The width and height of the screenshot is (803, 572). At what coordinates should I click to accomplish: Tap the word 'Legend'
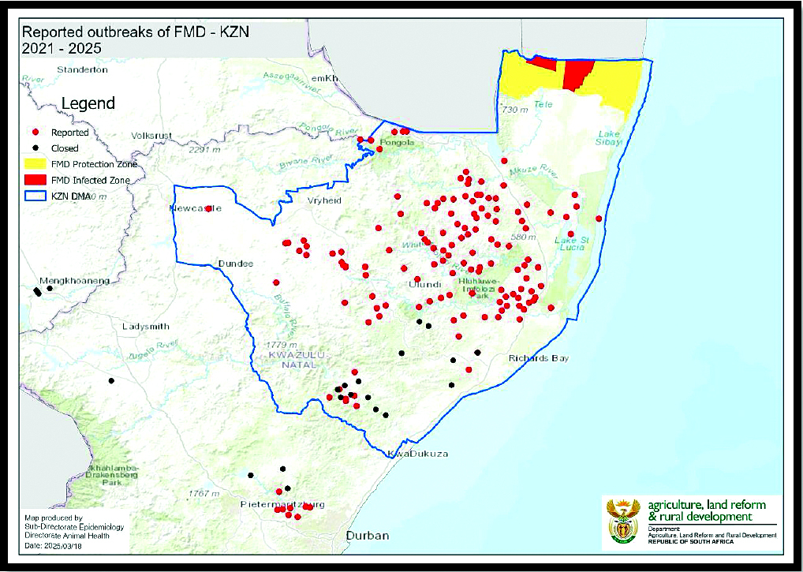click(88, 103)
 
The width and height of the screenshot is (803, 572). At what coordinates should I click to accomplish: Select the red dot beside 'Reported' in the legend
click(35, 133)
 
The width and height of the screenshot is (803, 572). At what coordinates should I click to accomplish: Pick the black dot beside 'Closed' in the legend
click(35, 148)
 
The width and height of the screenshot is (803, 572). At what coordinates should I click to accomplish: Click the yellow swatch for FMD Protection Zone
click(35, 164)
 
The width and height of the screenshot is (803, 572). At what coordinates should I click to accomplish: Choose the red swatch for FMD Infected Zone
click(35, 180)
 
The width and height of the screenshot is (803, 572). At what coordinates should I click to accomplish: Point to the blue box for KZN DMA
click(35, 196)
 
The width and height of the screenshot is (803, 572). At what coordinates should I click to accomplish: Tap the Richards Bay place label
click(539, 358)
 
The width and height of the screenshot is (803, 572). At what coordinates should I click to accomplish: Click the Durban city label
click(367, 536)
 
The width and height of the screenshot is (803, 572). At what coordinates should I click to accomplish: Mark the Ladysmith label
click(146, 326)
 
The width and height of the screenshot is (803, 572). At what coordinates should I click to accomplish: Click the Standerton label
click(83, 69)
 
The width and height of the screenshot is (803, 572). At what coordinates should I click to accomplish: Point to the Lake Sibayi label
click(611, 138)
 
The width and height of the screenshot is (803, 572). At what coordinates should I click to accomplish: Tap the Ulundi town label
click(424, 284)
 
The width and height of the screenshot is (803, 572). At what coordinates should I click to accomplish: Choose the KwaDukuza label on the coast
click(416, 454)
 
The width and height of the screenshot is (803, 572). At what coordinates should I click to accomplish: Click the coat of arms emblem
click(623, 522)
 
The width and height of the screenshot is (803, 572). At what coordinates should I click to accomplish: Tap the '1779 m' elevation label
click(281, 346)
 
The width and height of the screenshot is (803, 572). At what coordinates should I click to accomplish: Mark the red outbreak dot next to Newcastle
click(209, 209)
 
